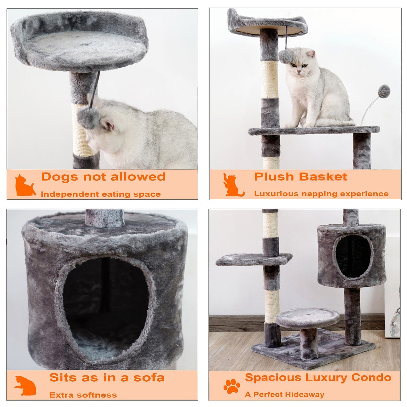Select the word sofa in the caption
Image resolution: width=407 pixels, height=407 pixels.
(149, 378)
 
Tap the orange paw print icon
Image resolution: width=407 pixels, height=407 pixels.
(232, 386)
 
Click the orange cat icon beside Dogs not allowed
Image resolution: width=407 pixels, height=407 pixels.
(25, 185)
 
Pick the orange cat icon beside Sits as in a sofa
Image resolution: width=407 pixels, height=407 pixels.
(25, 386)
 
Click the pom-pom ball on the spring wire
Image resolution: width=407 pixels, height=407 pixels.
(384, 91)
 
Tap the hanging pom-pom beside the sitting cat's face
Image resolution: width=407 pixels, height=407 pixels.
(285, 57)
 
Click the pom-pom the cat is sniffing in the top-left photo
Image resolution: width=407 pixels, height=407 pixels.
(88, 117)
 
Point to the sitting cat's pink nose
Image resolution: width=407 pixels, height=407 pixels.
(299, 72)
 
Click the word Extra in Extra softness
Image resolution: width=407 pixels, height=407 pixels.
(61, 395)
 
